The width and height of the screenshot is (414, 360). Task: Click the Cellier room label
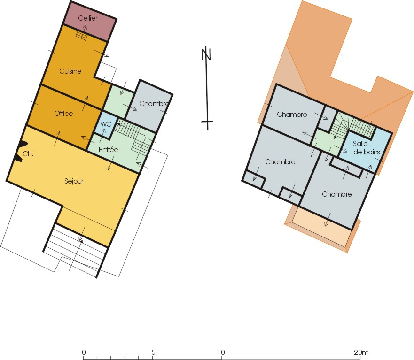coord(88,18)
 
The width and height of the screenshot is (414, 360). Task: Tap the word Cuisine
coord(70,71)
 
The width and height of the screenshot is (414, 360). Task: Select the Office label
coord(63,114)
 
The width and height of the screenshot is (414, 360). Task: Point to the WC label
coord(106,124)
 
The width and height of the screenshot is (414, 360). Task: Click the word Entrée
coord(108,150)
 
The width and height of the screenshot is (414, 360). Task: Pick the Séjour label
coord(74,181)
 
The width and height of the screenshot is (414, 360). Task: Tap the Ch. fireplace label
coord(28,154)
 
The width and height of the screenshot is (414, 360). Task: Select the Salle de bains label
coord(367,148)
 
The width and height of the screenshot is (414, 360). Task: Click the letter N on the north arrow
coord(206,54)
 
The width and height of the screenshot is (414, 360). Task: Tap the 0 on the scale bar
coord(84,352)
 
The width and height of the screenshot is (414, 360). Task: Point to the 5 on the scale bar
coord(153,352)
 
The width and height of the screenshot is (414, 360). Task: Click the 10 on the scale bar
coord(221,352)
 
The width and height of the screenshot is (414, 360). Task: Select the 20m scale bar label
coord(361,352)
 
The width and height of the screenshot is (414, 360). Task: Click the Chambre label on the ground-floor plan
coord(153,104)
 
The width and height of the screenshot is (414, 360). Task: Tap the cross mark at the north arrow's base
coord(207,122)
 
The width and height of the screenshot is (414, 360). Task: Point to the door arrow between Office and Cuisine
coord(86,103)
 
